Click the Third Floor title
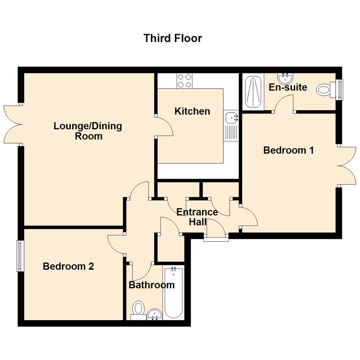pyautogui.click(x=173, y=38)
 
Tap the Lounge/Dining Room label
pyautogui.click(x=88, y=131)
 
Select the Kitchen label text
pyautogui.click(x=192, y=111)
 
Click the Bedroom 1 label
pyautogui.click(x=288, y=150)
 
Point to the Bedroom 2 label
pyautogui.click(x=68, y=266)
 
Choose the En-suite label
pyautogui.click(x=288, y=87)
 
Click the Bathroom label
pyautogui.click(x=152, y=285)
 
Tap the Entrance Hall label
pyautogui.click(x=197, y=217)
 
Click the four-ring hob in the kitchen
pyautogui.click(x=184, y=81)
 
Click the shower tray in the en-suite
pyautogui.click(x=253, y=92)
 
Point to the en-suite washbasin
pyautogui.click(x=285, y=79)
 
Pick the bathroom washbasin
pyautogui.click(x=155, y=314)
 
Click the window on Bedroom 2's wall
pyautogui.click(x=20, y=256)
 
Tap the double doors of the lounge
pyautogui.click(x=13, y=125)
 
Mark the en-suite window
pyautogui.click(x=340, y=89)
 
